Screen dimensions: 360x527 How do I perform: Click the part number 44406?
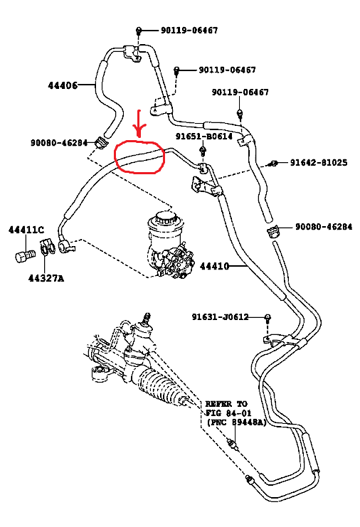click(63, 85)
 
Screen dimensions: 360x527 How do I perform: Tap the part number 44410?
click(215, 267)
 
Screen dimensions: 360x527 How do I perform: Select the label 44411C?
click(26, 230)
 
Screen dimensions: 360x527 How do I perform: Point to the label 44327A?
click(46, 278)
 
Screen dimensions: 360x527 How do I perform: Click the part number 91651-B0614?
click(204, 137)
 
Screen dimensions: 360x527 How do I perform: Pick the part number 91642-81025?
click(319, 163)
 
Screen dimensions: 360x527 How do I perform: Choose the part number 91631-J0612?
click(220, 317)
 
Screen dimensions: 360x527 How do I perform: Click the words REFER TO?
click(226, 404)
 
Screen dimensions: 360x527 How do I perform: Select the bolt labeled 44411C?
click(25, 256)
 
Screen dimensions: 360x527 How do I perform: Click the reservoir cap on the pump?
click(165, 217)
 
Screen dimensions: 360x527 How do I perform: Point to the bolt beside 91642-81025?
click(274, 164)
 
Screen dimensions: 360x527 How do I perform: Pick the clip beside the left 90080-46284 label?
click(100, 142)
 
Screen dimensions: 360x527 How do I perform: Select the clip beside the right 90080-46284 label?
click(274, 231)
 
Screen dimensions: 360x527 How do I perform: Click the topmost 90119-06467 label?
click(189, 31)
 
